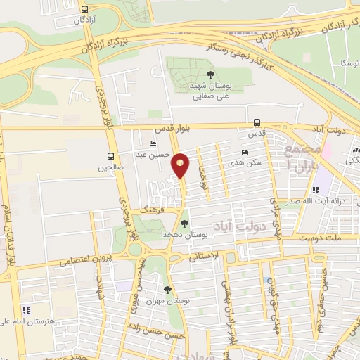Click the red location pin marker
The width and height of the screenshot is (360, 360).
pyautogui.click(x=181, y=165)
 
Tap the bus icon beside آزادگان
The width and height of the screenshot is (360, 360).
pyautogui.click(x=85, y=10)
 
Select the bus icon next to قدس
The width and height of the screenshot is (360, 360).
pyautogui.click(x=257, y=121)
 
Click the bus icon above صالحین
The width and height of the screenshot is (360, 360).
pyautogui.click(x=110, y=155)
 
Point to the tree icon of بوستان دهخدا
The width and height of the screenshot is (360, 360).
pyautogui.click(x=184, y=224)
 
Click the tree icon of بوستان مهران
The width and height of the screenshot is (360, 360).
pyautogui.click(x=167, y=290)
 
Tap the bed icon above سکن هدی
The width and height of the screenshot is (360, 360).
pyautogui.click(x=245, y=152)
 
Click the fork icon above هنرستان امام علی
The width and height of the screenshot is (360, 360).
pyautogui.click(x=25, y=309)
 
